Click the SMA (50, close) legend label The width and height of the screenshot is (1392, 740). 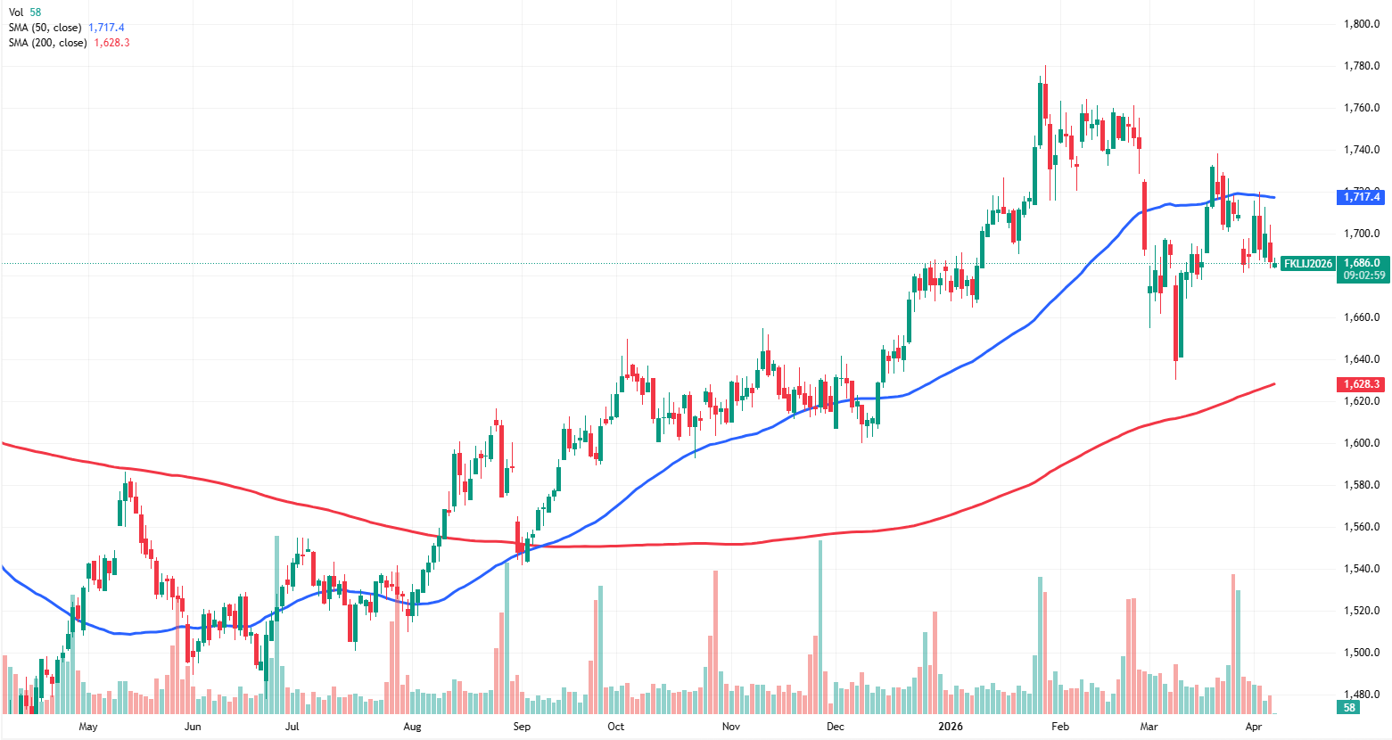pos(45,28)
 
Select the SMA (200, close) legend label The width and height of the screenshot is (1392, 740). pos(47,43)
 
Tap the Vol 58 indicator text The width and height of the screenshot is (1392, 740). pos(25,12)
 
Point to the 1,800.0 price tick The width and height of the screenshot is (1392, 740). pos(1362,24)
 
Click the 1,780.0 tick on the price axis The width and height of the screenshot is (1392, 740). pos(1362,66)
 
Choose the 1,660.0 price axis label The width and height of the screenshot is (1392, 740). pos(1362,317)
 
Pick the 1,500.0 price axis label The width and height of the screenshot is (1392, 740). pos(1362,653)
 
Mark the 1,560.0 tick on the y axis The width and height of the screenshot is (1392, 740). pos(1362,527)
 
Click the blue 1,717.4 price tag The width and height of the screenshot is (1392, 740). pos(1361,197)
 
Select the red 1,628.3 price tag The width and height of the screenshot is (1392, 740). pos(1361,384)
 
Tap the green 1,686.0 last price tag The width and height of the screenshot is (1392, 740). pos(1362,263)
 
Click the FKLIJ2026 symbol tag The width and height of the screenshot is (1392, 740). pos(1308,264)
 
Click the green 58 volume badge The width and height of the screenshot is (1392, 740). pos(1349,708)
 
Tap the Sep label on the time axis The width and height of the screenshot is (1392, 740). pos(522,727)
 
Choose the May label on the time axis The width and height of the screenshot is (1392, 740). pos(88,727)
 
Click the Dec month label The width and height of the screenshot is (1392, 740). pos(836,727)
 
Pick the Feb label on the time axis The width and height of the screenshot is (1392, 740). pos(1060,727)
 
